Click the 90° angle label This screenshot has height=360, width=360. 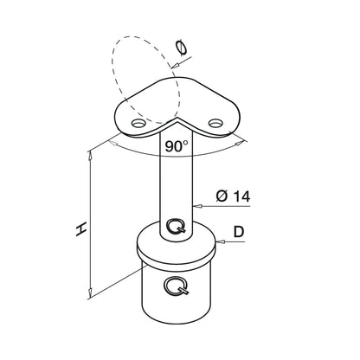[177, 146]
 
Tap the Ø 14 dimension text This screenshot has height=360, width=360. [233, 196]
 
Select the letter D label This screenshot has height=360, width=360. [239, 232]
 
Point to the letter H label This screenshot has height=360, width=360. [81, 229]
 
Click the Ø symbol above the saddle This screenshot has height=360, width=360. [182, 48]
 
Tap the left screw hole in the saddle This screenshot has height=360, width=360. [138, 124]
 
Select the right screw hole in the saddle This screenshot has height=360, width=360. [215, 123]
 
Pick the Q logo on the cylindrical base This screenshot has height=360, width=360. [177, 286]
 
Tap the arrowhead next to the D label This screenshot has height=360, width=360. [220, 241]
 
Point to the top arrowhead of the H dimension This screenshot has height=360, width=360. [91, 155]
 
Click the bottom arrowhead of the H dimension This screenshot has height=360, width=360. [90, 293]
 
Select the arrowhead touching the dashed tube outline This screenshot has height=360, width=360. [175, 66]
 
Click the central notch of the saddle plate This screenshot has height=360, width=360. [175, 119]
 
